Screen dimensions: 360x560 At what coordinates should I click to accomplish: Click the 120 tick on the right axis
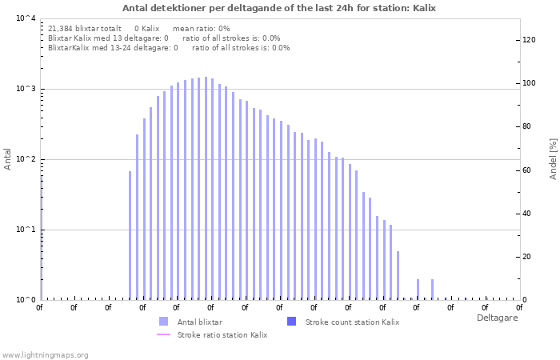[529, 39]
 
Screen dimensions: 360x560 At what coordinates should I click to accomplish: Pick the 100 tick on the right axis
[529, 83]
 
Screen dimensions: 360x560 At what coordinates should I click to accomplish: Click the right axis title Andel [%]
[552, 158]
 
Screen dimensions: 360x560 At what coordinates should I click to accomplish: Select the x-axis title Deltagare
[497, 318]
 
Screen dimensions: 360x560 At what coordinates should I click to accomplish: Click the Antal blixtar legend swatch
[164, 322]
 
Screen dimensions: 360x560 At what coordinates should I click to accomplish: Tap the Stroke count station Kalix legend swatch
[291, 322]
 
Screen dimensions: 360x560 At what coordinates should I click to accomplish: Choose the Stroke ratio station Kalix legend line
[164, 334]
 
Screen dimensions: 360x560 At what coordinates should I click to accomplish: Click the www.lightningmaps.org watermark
[45, 354]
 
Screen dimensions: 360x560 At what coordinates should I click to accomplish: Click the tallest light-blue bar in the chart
[206, 189]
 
